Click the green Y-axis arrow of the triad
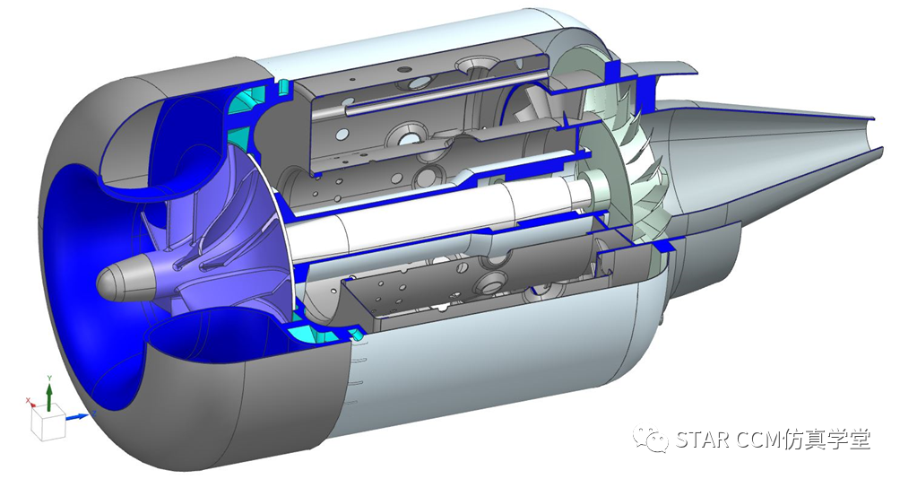click(x=49, y=396)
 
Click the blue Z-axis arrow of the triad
click(x=77, y=416)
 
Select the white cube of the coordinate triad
click(x=48, y=424)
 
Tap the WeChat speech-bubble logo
click(x=651, y=439)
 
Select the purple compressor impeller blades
click(x=212, y=230)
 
